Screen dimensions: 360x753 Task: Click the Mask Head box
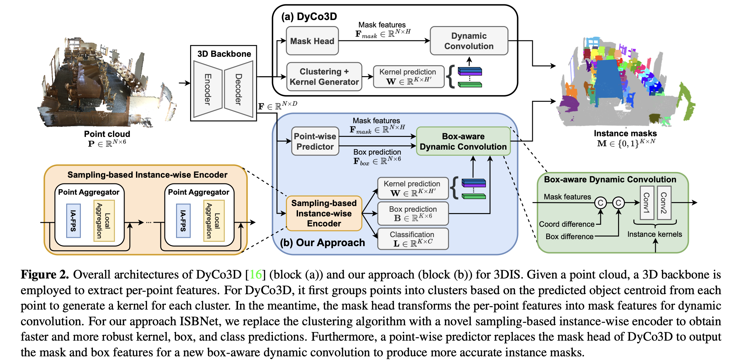click(x=312, y=41)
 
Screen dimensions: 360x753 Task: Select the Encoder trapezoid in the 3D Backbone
click(x=208, y=89)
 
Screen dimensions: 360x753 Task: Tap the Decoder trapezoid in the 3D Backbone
click(x=239, y=89)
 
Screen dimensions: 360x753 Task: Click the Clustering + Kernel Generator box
click(x=324, y=77)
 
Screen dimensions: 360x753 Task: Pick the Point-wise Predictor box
click(x=315, y=141)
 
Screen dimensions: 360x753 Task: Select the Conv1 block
click(x=647, y=203)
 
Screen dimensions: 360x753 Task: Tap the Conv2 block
click(x=664, y=203)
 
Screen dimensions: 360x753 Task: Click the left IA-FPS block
click(x=73, y=221)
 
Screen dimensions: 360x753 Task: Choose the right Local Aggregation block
click(x=214, y=221)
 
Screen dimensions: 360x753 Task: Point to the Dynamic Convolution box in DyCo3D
click(x=469, y=41)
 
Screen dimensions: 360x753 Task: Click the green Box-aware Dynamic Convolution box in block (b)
click(x=463, y=141)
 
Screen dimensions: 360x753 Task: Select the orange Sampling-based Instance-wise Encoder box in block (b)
click(x=324, y=213)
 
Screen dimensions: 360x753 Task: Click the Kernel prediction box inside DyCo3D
click(x=408, y=77)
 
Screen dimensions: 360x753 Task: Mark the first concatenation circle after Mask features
click(x=601, y=203)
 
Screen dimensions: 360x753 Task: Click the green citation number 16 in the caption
click(x=256, y=275)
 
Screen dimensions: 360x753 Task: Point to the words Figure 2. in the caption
click(x=44, y=275)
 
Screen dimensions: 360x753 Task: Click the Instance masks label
click(x=625, y=134)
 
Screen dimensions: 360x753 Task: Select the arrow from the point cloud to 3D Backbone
click(x=184, y=83)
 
